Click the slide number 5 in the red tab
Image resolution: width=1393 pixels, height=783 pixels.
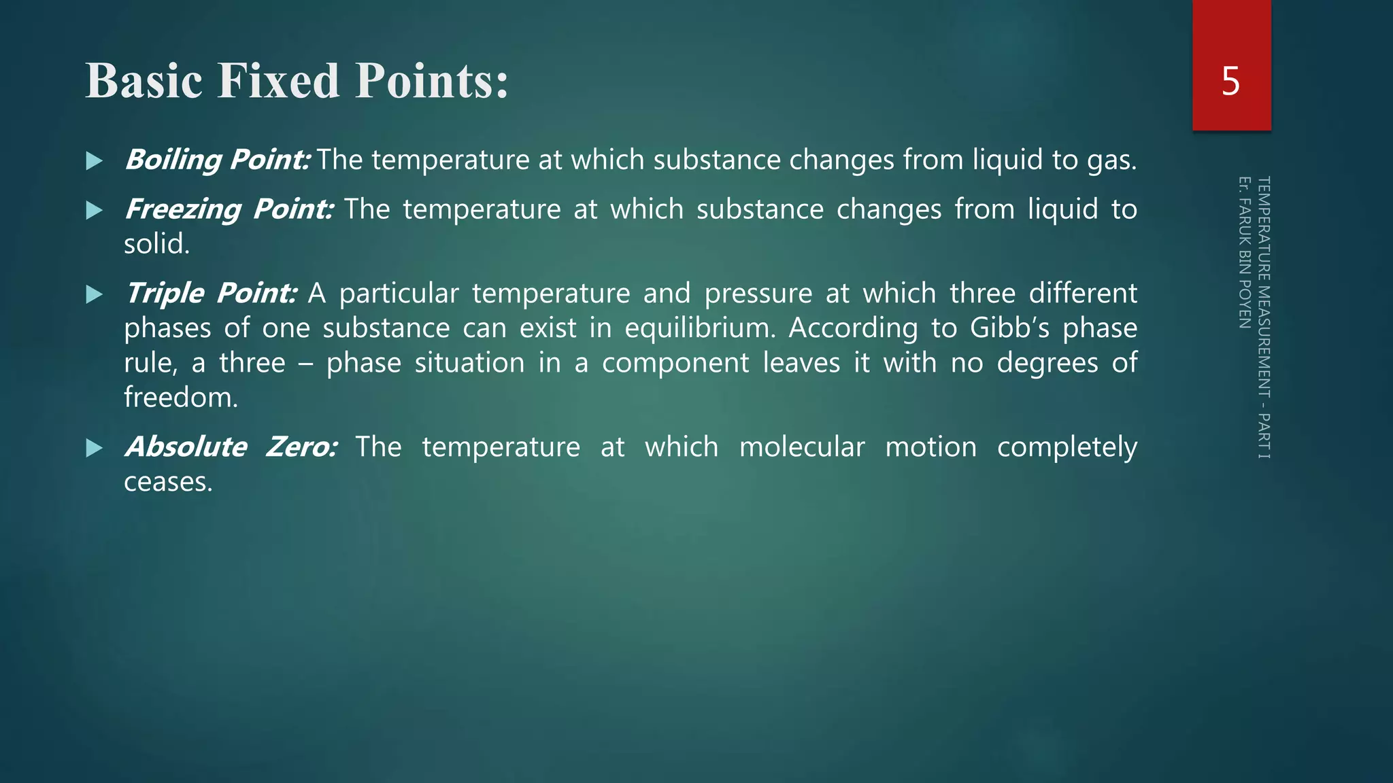(1230, 82)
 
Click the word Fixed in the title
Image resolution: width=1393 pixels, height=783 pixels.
(278, 81)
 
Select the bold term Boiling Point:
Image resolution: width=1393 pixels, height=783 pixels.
(218, 160)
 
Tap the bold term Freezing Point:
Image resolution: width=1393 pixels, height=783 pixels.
(229, 209)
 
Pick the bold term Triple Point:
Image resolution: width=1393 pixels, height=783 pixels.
(211, 294)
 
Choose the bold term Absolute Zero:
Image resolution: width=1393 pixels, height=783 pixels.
(231, 447)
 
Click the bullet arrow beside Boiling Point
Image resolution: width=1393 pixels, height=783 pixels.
(95, 161)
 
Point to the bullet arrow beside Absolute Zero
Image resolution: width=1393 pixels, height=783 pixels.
(95, 448)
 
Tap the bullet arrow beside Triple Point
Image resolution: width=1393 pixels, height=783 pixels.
(95, 294)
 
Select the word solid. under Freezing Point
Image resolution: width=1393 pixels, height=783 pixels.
(156, 244)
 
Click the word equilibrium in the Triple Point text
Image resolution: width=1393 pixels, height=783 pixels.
(699, 328)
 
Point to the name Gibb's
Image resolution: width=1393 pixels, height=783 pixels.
(1009, 328)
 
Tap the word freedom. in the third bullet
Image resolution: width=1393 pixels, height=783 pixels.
(181, 398)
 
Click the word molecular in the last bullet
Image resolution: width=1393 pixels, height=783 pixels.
(802, 447)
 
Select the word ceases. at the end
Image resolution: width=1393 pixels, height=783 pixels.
(168, 482)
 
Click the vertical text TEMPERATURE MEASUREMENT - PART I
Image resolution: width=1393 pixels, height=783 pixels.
(1263, 317)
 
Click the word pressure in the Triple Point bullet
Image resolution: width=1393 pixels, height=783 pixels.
(758, 294)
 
